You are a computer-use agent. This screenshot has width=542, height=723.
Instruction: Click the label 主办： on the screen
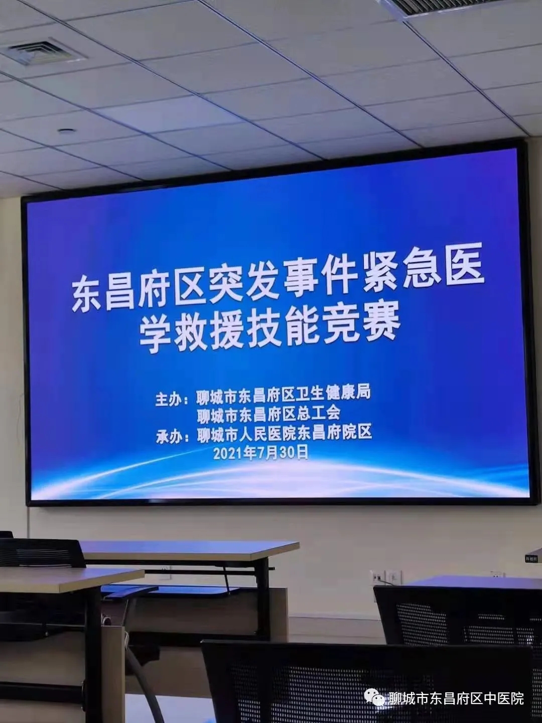[x=172, y=400]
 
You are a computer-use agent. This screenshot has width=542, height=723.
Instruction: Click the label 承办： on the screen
[x=173, y=437]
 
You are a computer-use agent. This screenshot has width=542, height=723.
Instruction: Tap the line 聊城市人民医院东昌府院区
[x=285, y=433]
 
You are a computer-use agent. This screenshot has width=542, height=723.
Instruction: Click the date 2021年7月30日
[x=261, y=453]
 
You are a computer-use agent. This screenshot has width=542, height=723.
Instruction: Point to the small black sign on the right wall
[x=531, y=558]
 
